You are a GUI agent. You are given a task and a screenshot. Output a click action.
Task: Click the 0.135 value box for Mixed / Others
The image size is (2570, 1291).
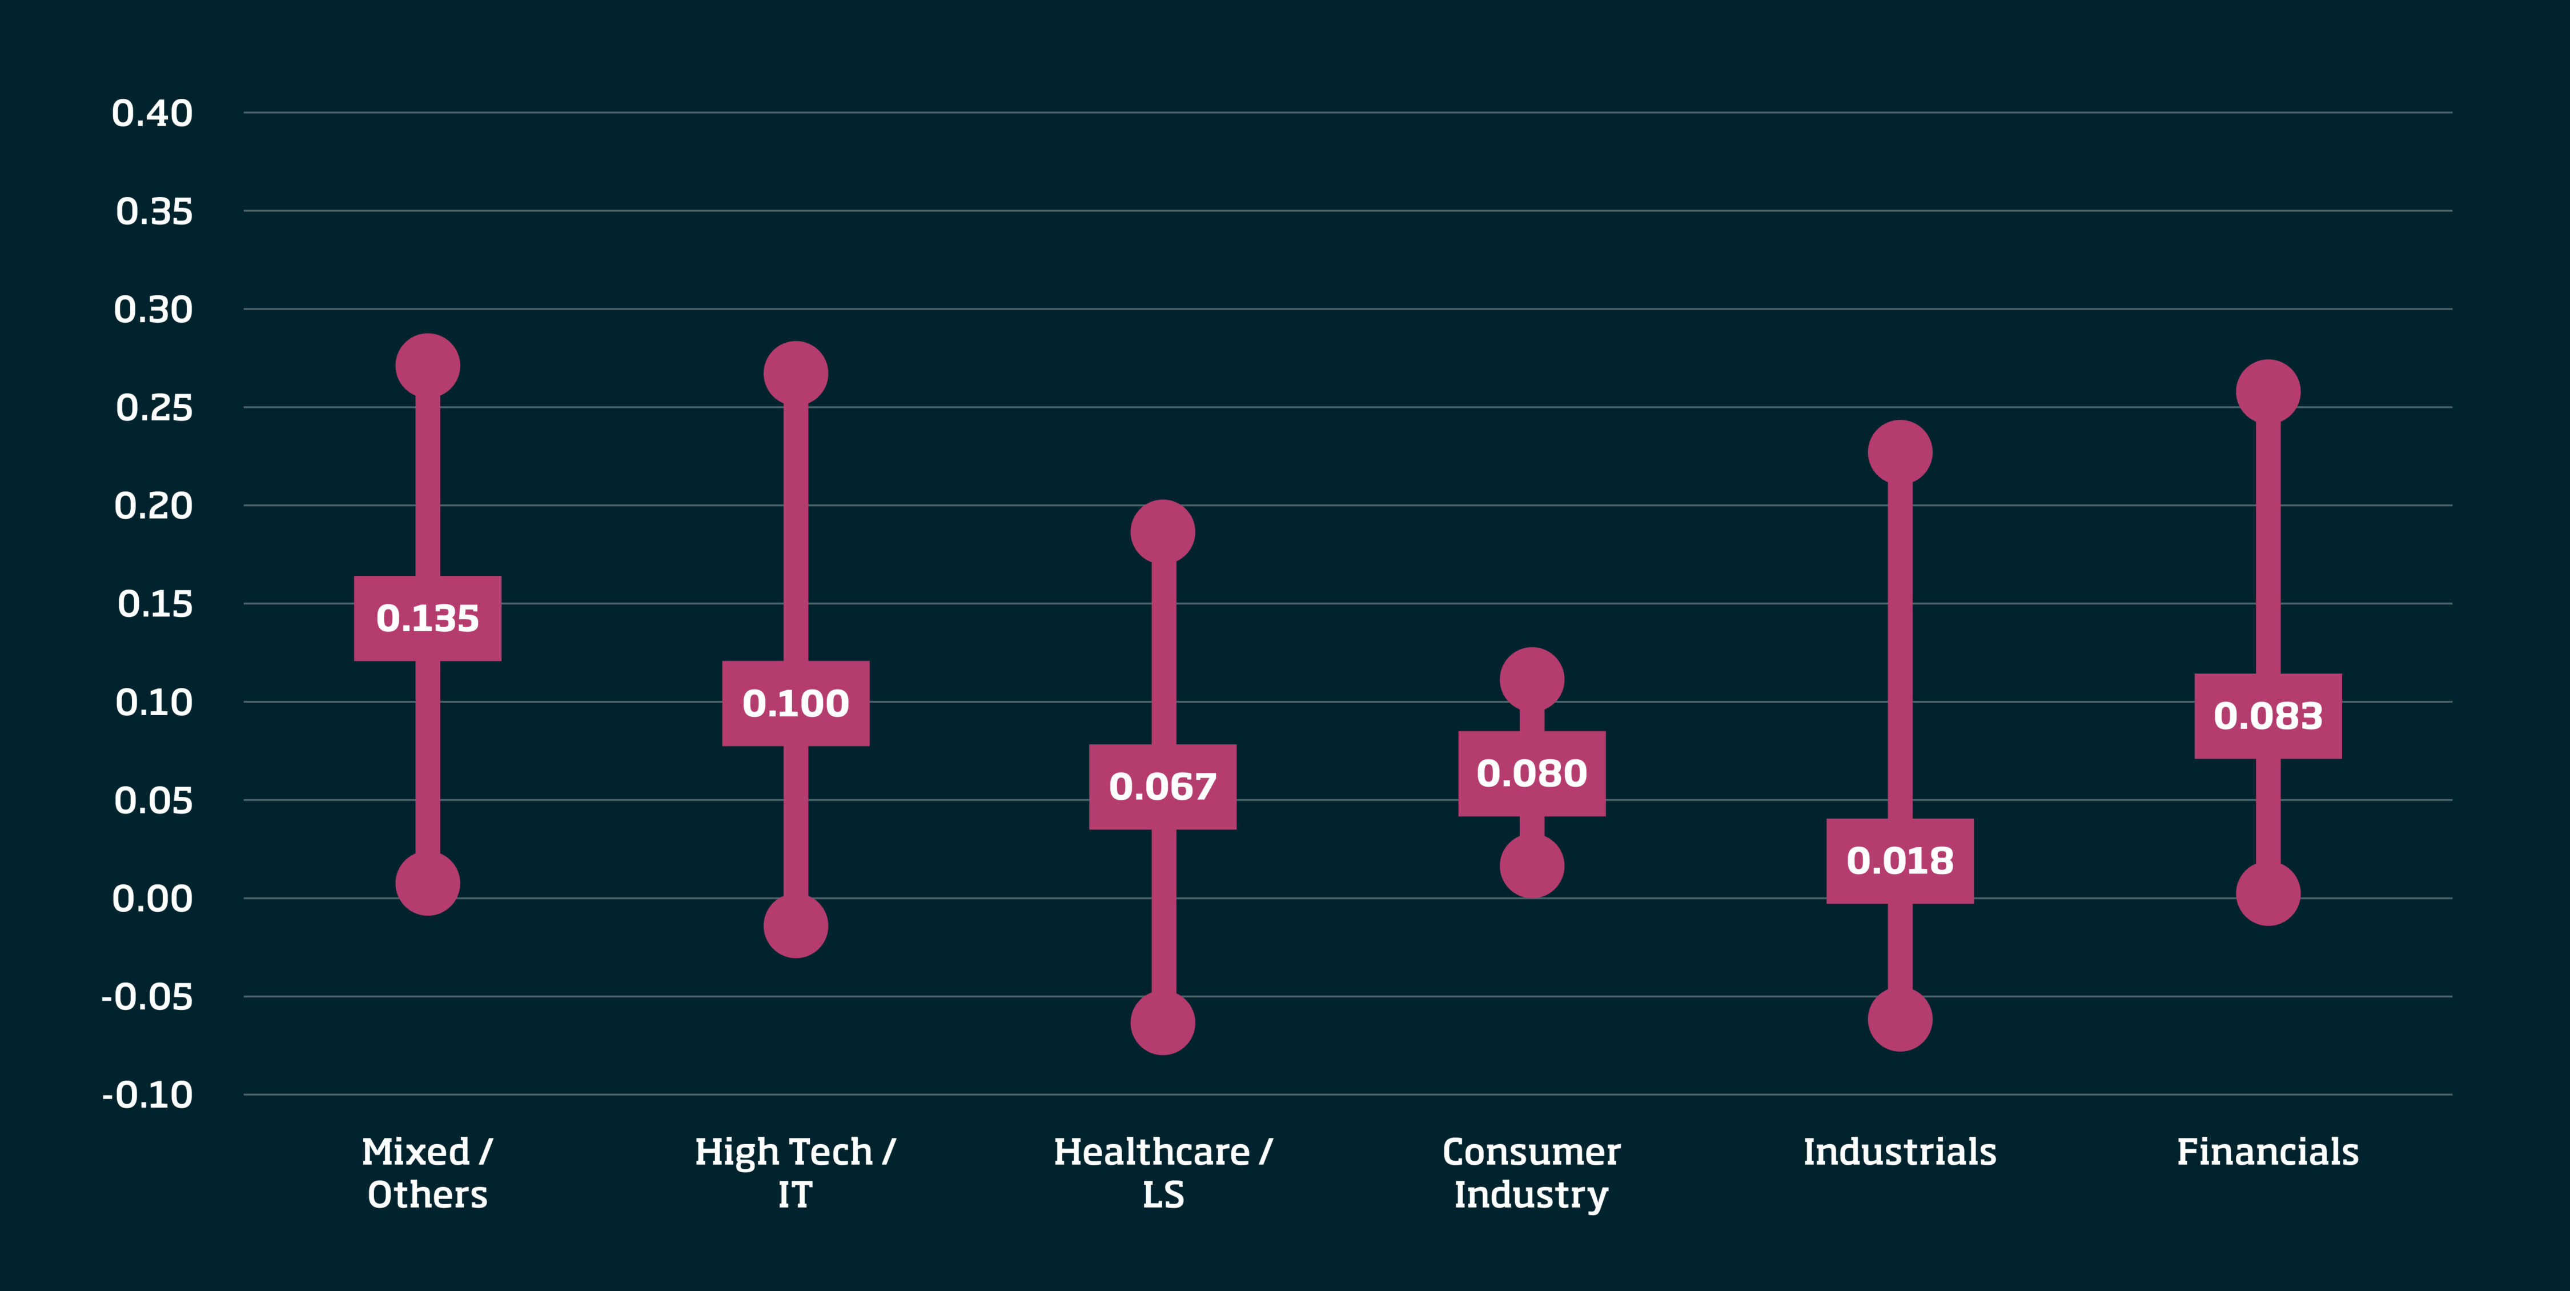[x=427, y=619]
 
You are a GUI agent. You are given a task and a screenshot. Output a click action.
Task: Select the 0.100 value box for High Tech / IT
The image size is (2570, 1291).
[x=795, y=703]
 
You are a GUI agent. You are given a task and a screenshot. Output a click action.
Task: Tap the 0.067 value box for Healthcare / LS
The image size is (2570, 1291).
[x=1162, y=787]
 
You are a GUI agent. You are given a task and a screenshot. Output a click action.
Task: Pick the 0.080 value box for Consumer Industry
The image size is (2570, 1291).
[x=1531, y=773]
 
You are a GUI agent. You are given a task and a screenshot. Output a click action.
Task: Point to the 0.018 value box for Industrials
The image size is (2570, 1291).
[x=1900, y=861]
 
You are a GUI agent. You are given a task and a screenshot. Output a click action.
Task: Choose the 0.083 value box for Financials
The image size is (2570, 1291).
[x=2268, y=716]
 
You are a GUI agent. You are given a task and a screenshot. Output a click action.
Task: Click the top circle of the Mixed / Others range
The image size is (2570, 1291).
[x=427, y=366]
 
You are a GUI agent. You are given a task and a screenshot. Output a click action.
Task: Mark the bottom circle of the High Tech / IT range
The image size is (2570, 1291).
[x=795, y=926]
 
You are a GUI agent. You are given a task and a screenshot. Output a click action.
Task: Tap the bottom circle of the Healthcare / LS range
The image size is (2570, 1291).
[x=1162, y=1023]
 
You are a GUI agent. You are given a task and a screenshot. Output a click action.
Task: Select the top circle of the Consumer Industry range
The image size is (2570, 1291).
[x=1531, y=679]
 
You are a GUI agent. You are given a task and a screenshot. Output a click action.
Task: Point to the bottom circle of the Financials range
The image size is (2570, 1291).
[x=2268, y=893]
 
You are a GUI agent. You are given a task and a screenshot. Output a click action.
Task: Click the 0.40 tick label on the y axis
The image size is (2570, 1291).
[x=152, y=114]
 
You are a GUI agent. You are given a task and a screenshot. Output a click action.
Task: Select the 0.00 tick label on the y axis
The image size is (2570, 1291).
[x=152, y=899]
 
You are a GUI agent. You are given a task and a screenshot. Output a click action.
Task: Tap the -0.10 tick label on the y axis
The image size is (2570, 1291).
[x=148, y=1096]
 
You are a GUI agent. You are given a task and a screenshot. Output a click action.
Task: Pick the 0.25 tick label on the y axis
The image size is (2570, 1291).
[x=154, y=408]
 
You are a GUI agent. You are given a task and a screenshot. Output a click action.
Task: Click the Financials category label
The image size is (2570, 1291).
[x=2268, y=1152]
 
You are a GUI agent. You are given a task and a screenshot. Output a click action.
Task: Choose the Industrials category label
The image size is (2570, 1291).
[x=1900, y=1152]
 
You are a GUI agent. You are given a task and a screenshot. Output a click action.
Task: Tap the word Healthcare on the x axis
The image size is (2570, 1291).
[x=1151, y=1152]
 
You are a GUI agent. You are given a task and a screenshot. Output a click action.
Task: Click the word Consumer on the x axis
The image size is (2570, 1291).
[x=1531, y=1152]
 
